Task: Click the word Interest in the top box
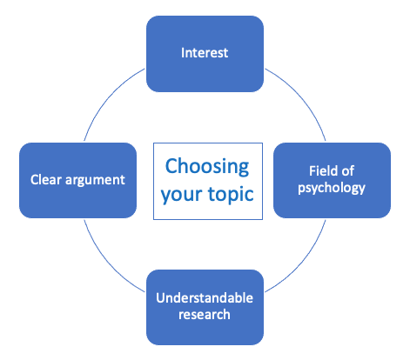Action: pyautogui.click(x=205, y=53)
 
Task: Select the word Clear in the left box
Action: pyautogui.click(x=44, y=180)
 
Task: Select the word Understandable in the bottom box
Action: pyautogui.click(x=205, y=297)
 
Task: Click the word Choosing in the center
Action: pyautogui.click(x=206, y=165)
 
